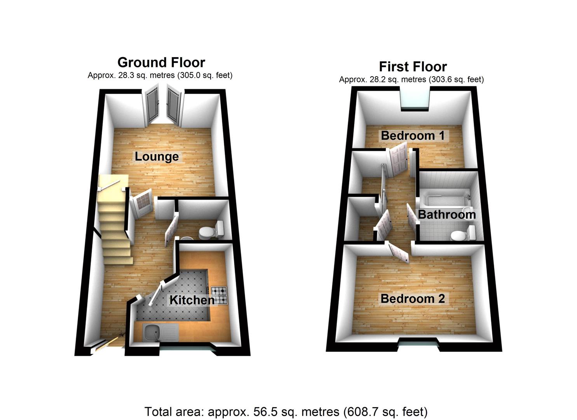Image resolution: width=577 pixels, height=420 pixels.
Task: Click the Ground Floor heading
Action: pos(161,62)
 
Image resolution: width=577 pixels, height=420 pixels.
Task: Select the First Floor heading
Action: pos(413,66)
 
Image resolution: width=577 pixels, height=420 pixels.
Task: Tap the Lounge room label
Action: pos(157,156)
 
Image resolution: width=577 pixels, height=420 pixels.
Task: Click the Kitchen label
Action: pos(192,300)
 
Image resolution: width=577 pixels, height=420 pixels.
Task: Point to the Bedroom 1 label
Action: pos(413,135)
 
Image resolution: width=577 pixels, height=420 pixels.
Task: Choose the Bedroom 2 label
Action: pos(413,299)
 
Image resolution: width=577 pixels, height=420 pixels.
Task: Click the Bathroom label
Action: pos(446,214)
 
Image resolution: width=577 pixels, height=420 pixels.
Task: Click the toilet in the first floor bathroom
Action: pos(462,234)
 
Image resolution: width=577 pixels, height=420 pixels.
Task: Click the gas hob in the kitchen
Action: pos(219,295)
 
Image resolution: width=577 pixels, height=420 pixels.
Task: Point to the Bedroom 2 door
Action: pos(398,252)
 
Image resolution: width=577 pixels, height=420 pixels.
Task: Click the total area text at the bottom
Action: pos(286,411)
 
